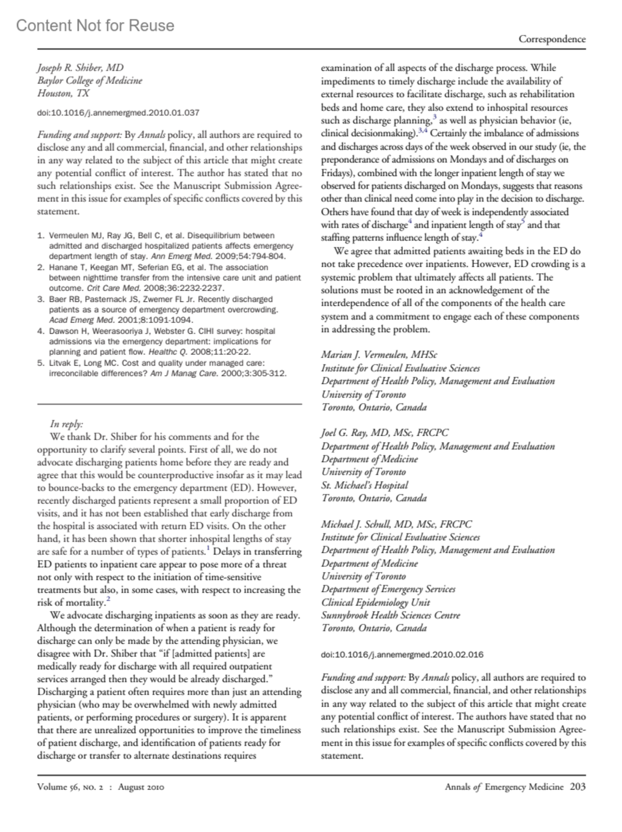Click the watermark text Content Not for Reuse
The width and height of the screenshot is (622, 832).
(x=95, y=25)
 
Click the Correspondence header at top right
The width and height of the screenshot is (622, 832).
(x=552, y=39)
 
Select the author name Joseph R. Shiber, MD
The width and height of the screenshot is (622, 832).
(x=80, y=68)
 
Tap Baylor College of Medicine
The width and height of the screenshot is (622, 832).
(x=89, y=81)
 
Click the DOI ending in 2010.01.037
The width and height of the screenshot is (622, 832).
(x=118, y=112)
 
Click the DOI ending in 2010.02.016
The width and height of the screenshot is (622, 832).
(x=402, y=654)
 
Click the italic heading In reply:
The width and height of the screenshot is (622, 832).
(x=66, y=424)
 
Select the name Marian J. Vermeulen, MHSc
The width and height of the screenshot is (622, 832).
(x=379, y=355)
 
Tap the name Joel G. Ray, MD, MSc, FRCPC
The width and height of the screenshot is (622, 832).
(x=385, y=433)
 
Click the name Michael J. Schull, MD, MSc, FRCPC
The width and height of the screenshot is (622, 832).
(x=397, y=524)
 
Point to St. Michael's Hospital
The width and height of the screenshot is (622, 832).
(x=364, y=485)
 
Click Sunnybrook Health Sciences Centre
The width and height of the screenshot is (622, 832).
(x=390, y=615)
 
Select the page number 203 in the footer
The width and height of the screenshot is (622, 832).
(x=577, y=786)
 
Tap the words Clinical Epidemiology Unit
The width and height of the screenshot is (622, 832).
(x=375, y=603)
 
